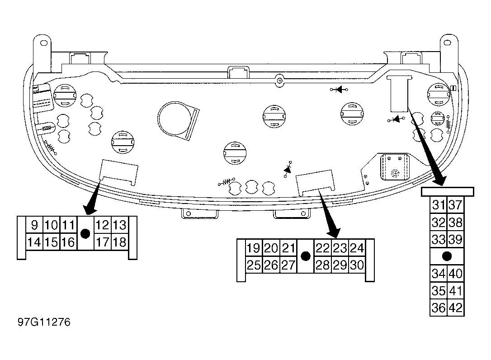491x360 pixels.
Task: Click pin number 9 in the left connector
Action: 34,225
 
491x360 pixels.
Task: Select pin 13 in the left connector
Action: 119,225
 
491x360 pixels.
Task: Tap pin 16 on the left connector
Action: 68,242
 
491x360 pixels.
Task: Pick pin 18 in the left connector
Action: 119,242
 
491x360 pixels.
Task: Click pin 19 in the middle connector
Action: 253,248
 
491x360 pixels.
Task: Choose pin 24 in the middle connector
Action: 357,248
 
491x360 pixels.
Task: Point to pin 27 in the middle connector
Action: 288,265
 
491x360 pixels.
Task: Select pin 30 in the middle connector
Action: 357,265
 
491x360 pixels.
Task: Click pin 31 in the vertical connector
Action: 439,205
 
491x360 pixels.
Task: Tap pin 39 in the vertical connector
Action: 455,239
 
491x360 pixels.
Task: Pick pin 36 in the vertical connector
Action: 439,308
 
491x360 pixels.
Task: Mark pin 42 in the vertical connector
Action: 455,308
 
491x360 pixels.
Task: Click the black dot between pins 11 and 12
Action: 85,233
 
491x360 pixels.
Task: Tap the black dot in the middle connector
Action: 305,256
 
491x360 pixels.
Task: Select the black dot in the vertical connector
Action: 447,256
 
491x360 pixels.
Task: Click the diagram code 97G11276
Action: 44,322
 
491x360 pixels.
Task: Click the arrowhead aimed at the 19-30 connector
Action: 333,231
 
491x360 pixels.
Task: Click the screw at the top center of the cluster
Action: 279,81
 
